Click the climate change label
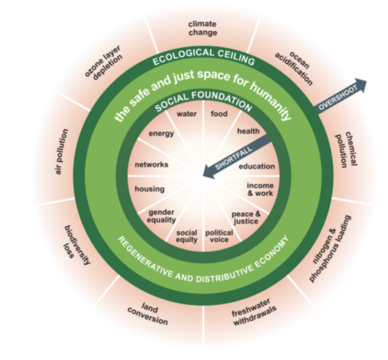coord(202,28)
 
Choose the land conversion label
coord(154,314)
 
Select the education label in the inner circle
coord(257,166)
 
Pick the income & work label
coord(261,189)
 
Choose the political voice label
coord(219,237)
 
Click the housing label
coord(149,189)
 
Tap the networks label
coord(151,164)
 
